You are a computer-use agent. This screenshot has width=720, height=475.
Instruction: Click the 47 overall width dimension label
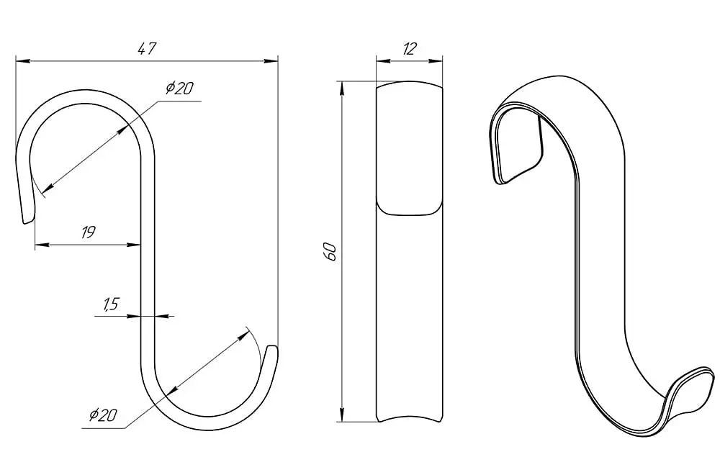click(148, 49)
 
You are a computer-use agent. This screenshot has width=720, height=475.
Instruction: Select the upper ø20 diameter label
click(179, 88)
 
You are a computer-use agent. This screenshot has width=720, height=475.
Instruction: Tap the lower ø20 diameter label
click(103, 415)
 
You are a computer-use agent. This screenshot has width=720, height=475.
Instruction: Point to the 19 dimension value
click(88, 232)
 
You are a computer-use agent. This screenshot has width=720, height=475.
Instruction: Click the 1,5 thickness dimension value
click(111, 304)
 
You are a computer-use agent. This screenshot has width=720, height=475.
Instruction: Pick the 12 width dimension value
click(409, 49)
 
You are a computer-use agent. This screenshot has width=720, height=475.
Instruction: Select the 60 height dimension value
click(330, 252)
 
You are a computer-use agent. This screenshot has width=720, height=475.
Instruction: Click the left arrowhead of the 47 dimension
click(23, 60)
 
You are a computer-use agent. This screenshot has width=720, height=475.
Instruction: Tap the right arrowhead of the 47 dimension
click(271, 60)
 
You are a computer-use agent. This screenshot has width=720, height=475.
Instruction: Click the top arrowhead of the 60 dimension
click(341, 89)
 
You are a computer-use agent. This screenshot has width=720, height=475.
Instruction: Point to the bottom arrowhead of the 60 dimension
click(341, 414)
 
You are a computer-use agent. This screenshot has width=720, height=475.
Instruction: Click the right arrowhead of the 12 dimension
click(436, 60)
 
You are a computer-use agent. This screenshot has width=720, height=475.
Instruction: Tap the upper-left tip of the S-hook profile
click(27, 222)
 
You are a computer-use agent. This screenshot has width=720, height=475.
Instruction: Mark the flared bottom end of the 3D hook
click(691, 386)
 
